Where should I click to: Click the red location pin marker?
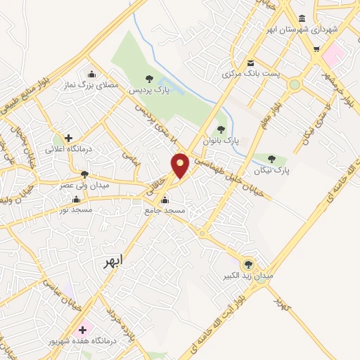(x=181, y=165)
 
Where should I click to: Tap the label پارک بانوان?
(x=221, y=141)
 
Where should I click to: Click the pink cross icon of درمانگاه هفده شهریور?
(x=83, y=328)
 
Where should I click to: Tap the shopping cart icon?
(x=316, y=49)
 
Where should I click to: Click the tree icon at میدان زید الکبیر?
(x=247, y=264)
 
